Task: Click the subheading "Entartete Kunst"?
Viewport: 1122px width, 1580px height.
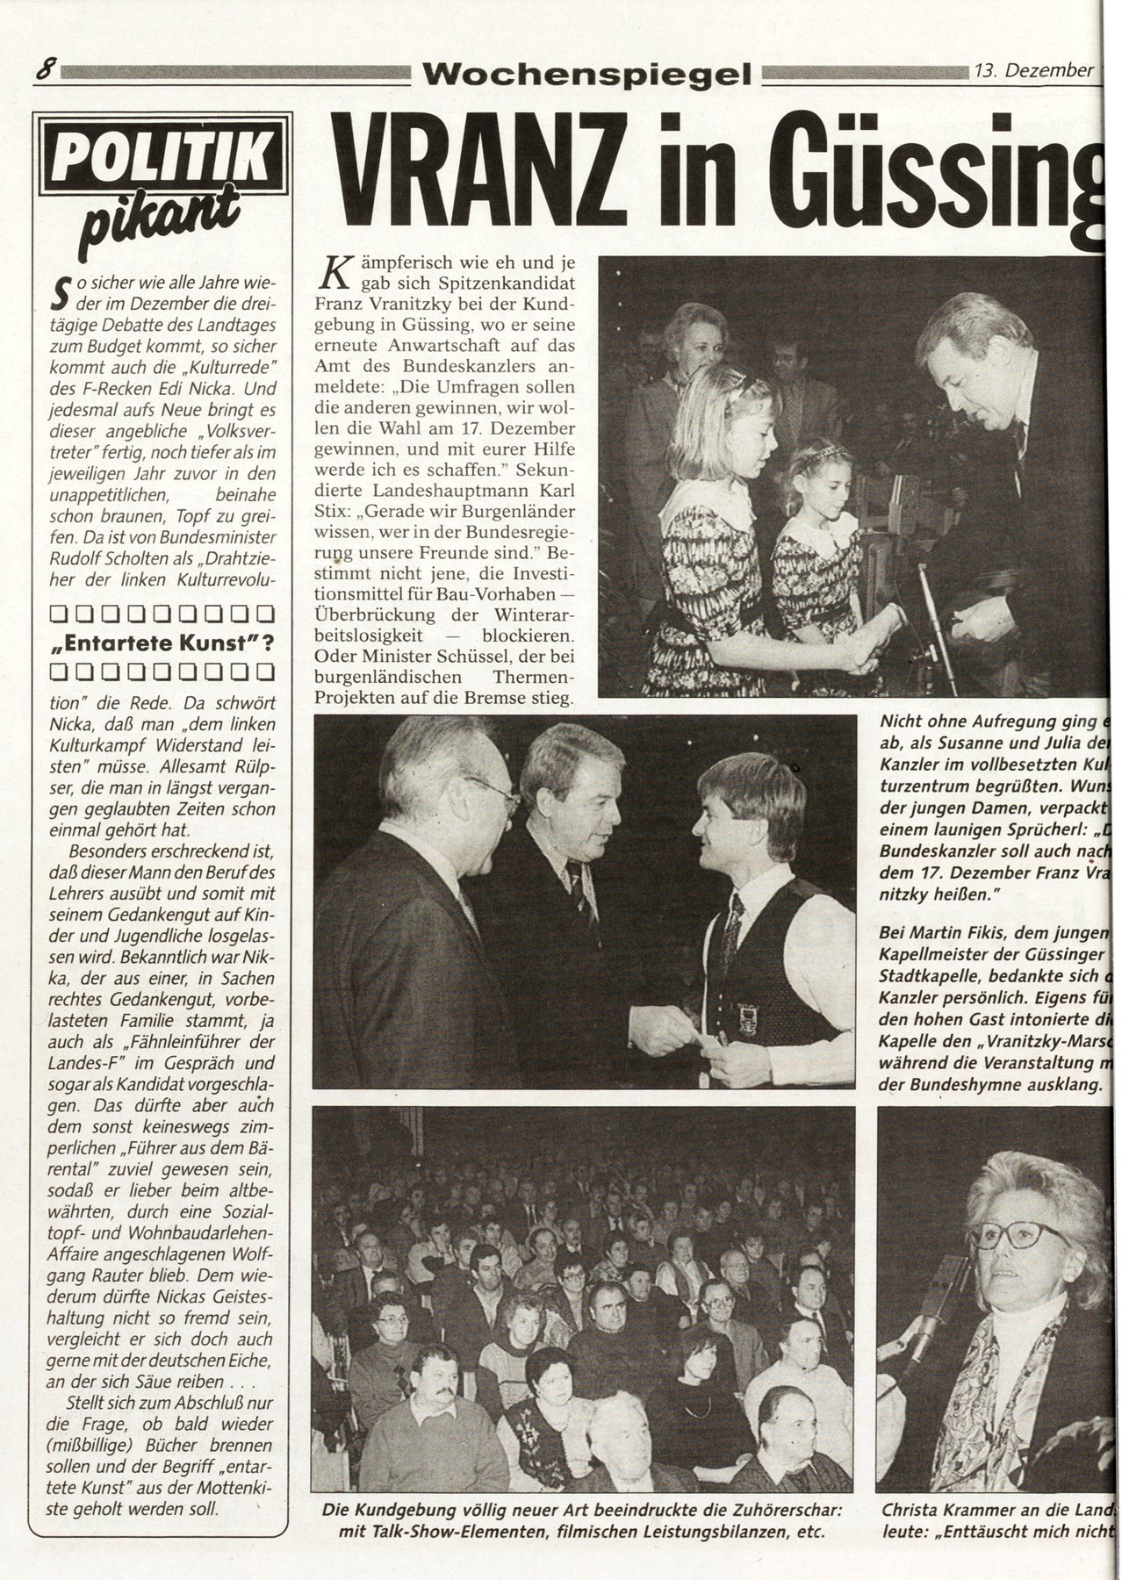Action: tap(161, 643)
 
